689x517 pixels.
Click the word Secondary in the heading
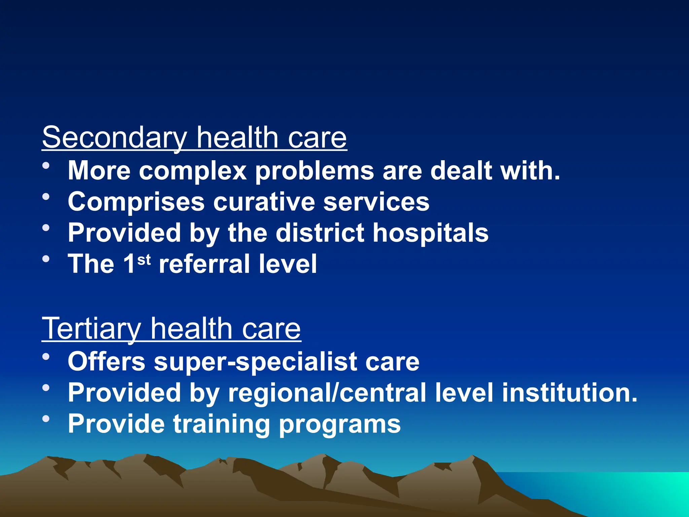pyautogui.click(x=114, y=138)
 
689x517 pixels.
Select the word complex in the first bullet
pyautogui.click(x=193, y=171)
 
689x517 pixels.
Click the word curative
pyautogui.click(x=264, y=202)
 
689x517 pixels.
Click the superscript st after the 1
pyautogui.click(x=144, y=260)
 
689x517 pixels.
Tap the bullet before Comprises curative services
pyautogui.click(x=46, y=197)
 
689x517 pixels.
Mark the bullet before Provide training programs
pyautogui.click(x=46, y=419)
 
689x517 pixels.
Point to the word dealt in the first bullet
pyautogui.click(x=461, y=171)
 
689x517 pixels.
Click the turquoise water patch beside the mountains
pyautogui.click(x=622, y=491)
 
